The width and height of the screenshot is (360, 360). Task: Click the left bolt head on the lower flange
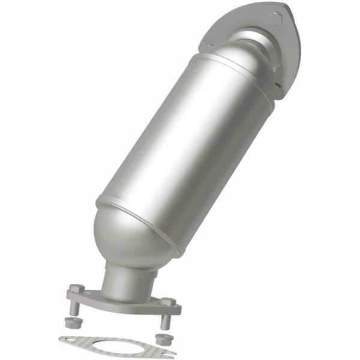tap(75, 289)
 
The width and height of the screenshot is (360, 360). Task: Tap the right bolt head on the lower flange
tap(169, 301)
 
